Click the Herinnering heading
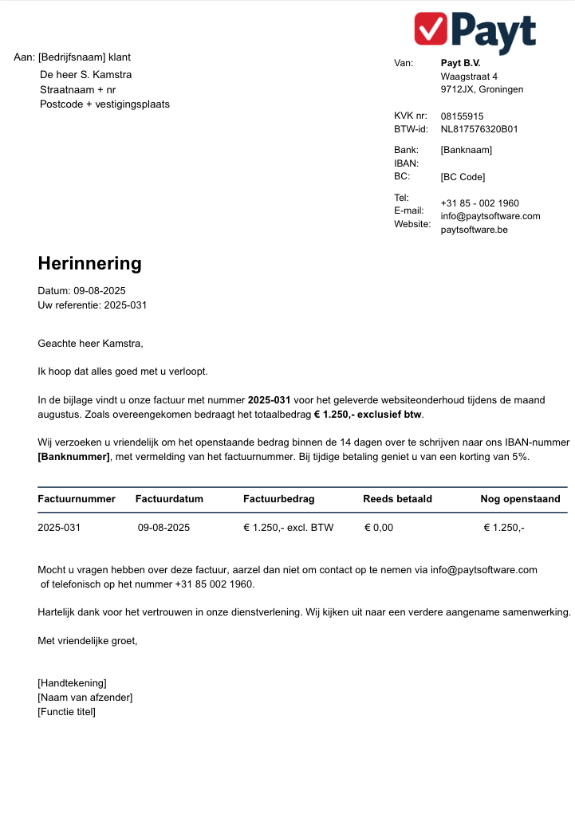[89, 263]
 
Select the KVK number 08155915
[462, 116]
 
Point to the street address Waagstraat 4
[469, 77]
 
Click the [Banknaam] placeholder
[466, 150]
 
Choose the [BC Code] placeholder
[463, 177]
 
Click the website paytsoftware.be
[474, 230]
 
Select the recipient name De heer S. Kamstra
[86, 75]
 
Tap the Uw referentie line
[92, 305]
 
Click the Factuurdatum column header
[169, 499]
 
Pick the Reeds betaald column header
[397, 499]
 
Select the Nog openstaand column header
[520, 499]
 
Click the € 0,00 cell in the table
[379, 528]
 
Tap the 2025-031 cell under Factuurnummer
[59, 528]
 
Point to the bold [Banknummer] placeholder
[73, 457]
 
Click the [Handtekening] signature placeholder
[72, 683]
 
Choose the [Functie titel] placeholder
[66, 712]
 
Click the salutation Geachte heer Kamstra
[90, 344]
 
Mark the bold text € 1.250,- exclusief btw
[368, 415]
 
